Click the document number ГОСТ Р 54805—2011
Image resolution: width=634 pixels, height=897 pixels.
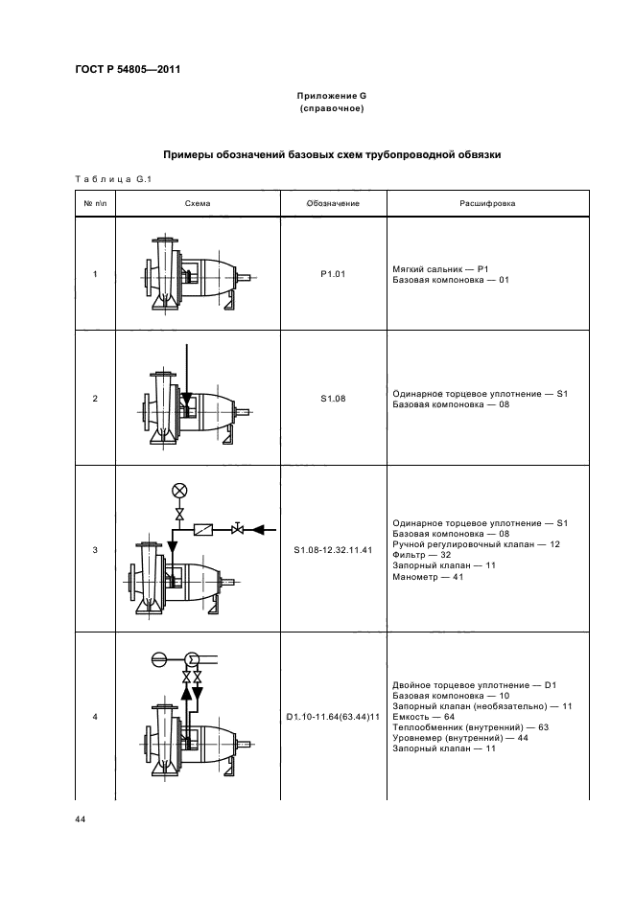pos(127,70)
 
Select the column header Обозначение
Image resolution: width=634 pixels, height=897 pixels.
pos(332,204)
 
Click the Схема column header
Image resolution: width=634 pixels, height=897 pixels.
pos(198,204)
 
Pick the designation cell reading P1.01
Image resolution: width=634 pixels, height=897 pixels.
pos(332,273)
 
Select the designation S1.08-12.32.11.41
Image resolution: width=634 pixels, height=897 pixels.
pos(332,550)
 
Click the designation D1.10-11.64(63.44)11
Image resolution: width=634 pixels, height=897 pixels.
pos(332,716)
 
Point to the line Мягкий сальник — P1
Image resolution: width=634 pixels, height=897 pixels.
pos(441,268)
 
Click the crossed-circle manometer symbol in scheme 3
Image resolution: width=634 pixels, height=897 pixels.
pos(177,491)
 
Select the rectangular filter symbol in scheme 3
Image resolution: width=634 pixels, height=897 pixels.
pos(204,529)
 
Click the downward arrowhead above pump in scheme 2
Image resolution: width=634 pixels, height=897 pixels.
pos(186,396)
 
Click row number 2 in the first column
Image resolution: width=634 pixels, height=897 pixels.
pos(94,398)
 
